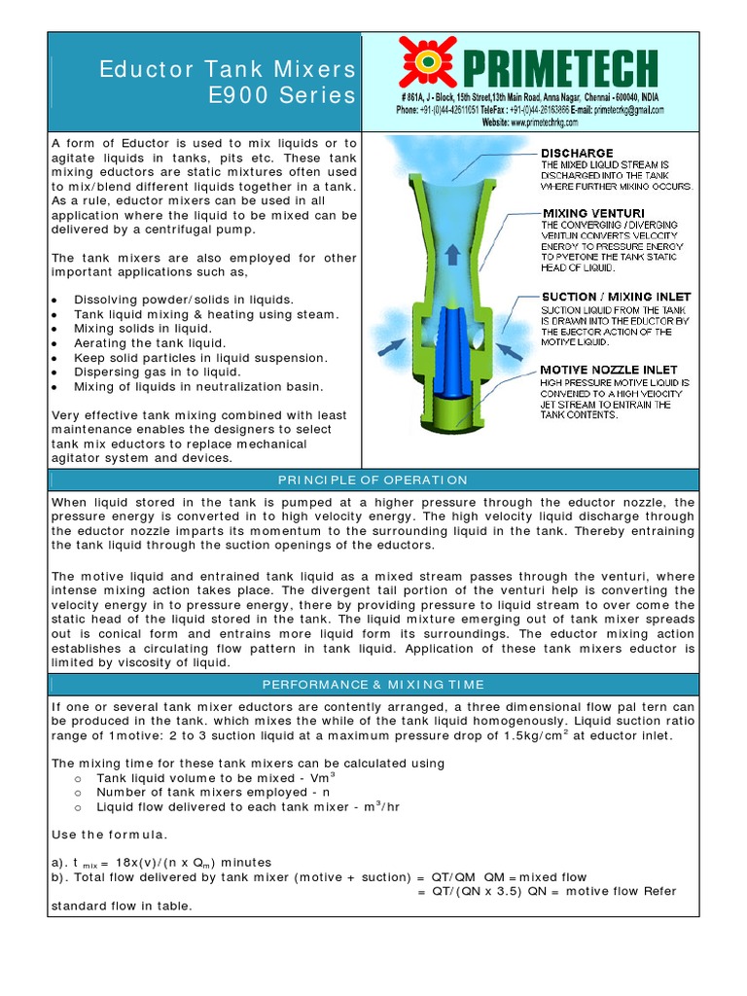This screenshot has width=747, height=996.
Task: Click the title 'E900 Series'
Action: point(282,95)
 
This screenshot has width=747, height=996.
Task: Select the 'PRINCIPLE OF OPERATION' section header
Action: point(373,480)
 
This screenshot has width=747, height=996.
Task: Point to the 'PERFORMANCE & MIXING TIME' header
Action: point(373,685)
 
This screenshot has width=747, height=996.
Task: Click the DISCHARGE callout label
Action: point(577,153)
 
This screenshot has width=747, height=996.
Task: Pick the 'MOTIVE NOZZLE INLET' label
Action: point(609,370)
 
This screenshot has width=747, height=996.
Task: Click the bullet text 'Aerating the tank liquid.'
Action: point(150,343)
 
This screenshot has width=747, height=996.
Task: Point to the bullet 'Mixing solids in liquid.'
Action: point(142,329)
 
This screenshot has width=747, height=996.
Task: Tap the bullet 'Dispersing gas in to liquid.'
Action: point(158,372)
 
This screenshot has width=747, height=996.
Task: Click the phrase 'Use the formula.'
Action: point(109,835)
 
